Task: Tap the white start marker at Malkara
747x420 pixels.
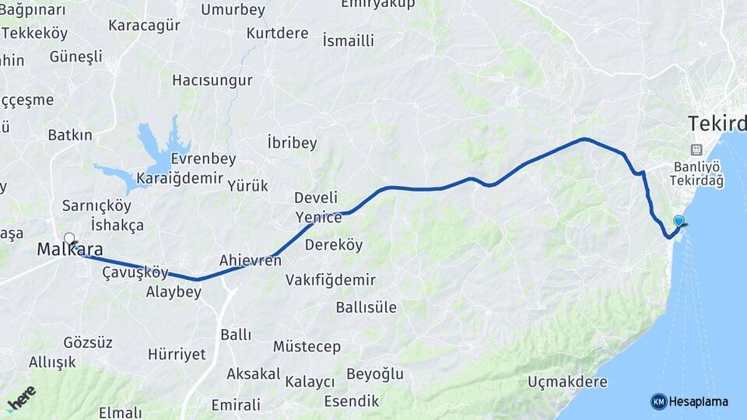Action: pyautogui.click(x=69, y=239)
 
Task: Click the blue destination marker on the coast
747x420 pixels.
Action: pyautogui.click(x=679, y=222)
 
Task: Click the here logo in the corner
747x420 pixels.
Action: pyautogui.click(x=21, y=398)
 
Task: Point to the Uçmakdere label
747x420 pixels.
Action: pyautogui.click(x=567, y=382)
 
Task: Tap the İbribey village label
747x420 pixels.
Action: pyautogui.click(x=292, y=143)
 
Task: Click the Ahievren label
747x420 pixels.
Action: pyautogui.click(x=250, y=260)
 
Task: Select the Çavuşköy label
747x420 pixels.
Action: pyautogui.click(x=135, y=272)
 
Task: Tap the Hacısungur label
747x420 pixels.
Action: pyautogui.click(x=212, y=80)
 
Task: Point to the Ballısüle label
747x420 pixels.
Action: pyautogui.click(x=366, y=306)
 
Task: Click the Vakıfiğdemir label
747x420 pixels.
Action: pyautogui.click(x=330, y=279)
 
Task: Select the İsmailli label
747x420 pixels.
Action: pyautogui.click(x=348, y=40)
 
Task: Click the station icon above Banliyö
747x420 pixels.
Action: pyautogui.click(x=696, y=150)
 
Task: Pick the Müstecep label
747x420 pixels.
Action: pyautogui.click(x=307, y=346)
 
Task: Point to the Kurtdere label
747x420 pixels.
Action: pyautogui.click(x=277, y=33)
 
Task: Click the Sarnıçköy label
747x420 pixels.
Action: pyautogui.click(x=96, y=206)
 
